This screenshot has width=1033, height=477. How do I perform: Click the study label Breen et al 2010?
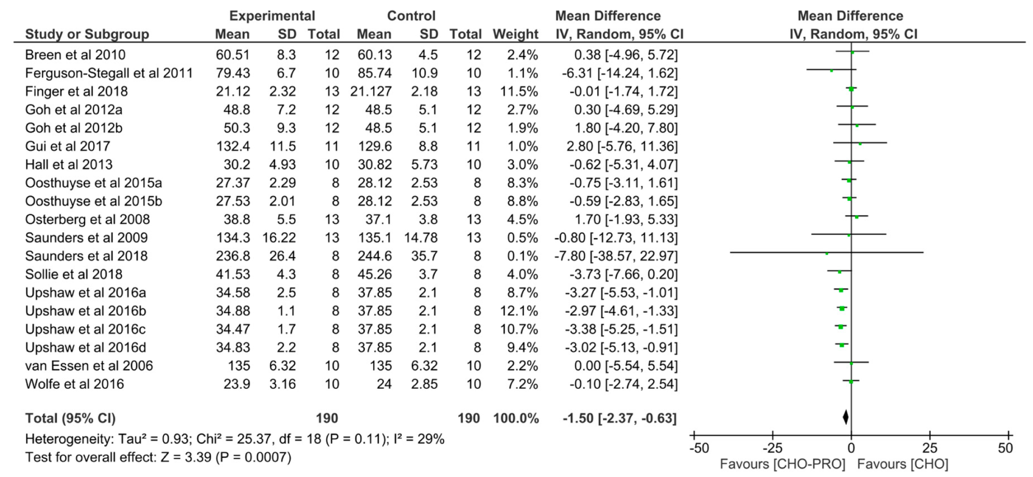tap(75, 55)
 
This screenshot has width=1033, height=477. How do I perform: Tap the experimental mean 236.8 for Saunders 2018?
tap(233, 256)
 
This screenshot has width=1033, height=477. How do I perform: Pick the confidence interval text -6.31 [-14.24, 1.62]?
tap(619, 73)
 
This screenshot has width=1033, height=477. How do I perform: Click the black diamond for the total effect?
tap(846, 417)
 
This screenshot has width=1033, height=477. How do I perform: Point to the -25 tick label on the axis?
tap(773, 448)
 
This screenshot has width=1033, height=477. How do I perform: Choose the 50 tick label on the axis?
tap(1005, 448)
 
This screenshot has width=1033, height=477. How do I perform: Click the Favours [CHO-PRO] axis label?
tap(782, 465)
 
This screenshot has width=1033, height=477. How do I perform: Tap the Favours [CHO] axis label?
tap(902, 465)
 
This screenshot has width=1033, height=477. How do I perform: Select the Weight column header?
tap(515, 34)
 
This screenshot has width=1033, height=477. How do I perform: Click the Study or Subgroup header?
tap(87, 34)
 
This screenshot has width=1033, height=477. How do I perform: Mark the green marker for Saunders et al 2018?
tap(827, 254)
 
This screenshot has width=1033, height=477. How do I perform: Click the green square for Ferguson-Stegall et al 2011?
tap(831, 71)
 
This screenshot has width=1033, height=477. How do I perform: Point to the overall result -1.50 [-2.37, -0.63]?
tap(619, 418)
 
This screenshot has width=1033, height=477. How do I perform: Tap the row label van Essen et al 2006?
tap(89, 366)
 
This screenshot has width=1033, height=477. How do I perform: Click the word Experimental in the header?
tap(272, 16)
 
